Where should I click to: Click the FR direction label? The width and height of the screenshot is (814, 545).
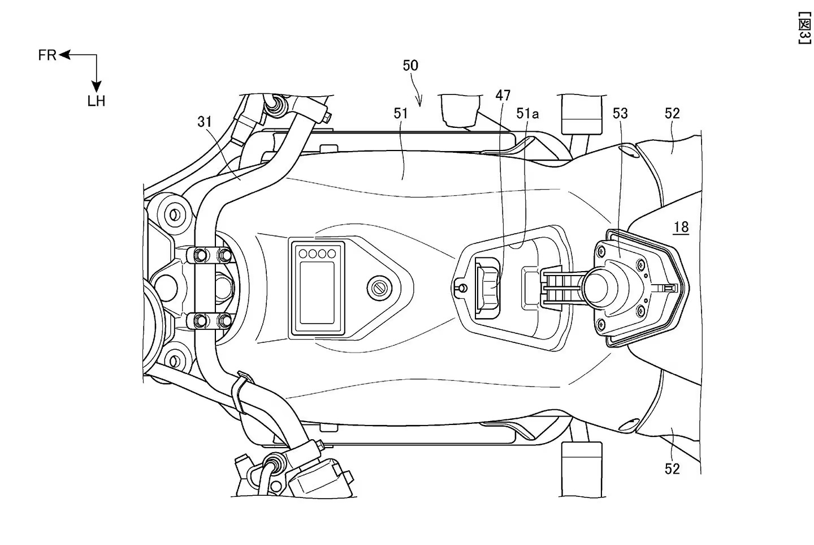click(x=47, y=55)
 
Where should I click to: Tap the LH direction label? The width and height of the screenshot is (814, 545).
click(x=96, y=101)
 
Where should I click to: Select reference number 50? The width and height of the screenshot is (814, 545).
click(x=410, y=65)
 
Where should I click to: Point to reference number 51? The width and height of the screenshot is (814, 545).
click(x=400, y=113)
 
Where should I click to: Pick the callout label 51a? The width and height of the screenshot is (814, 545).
click(x=527, y=113)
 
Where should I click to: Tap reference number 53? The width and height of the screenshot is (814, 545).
click(x=620, y=113)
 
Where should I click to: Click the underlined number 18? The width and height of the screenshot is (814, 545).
click(x=681, y=228)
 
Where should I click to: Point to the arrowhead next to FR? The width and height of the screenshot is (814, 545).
click(x=63, y=55)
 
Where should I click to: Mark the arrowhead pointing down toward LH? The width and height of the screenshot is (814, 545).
click(x=97, y=85)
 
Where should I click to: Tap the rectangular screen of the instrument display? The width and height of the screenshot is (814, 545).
click(x=317, y=291)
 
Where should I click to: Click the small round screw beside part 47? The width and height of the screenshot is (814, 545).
click(x=461, y=287)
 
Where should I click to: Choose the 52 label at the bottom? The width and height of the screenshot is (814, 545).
click(x=672, y=469)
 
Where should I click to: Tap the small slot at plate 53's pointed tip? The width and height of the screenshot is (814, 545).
click(x=669, y=288)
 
